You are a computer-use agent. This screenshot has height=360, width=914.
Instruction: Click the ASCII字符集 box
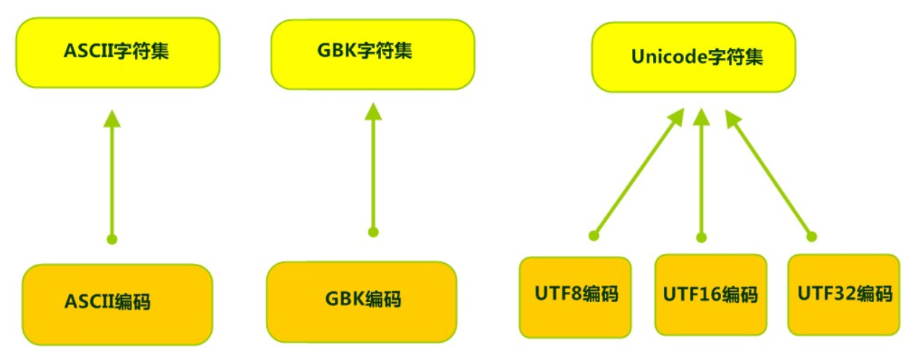[118, 52]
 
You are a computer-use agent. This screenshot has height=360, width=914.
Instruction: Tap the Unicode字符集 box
[693, 57]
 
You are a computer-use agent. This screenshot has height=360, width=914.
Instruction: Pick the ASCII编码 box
[117, 303]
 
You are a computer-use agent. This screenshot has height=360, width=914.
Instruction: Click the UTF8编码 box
[575, 296]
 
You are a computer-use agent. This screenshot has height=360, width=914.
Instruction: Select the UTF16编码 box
[710, 294]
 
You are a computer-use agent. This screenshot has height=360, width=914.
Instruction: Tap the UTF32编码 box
[844, 294]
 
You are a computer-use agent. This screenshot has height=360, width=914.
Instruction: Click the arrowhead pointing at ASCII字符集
[111, 119]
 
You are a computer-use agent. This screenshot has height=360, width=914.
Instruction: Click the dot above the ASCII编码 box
[111, 239]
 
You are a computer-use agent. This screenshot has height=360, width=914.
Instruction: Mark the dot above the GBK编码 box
[373, 232]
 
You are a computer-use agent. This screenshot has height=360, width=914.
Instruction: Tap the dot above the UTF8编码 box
[594, 235]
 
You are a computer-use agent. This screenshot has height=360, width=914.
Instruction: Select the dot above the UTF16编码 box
[701, 236]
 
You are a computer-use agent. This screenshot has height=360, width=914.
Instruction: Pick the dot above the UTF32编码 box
[811, 236]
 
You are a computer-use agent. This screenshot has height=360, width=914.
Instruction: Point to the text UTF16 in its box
[691, 295]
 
